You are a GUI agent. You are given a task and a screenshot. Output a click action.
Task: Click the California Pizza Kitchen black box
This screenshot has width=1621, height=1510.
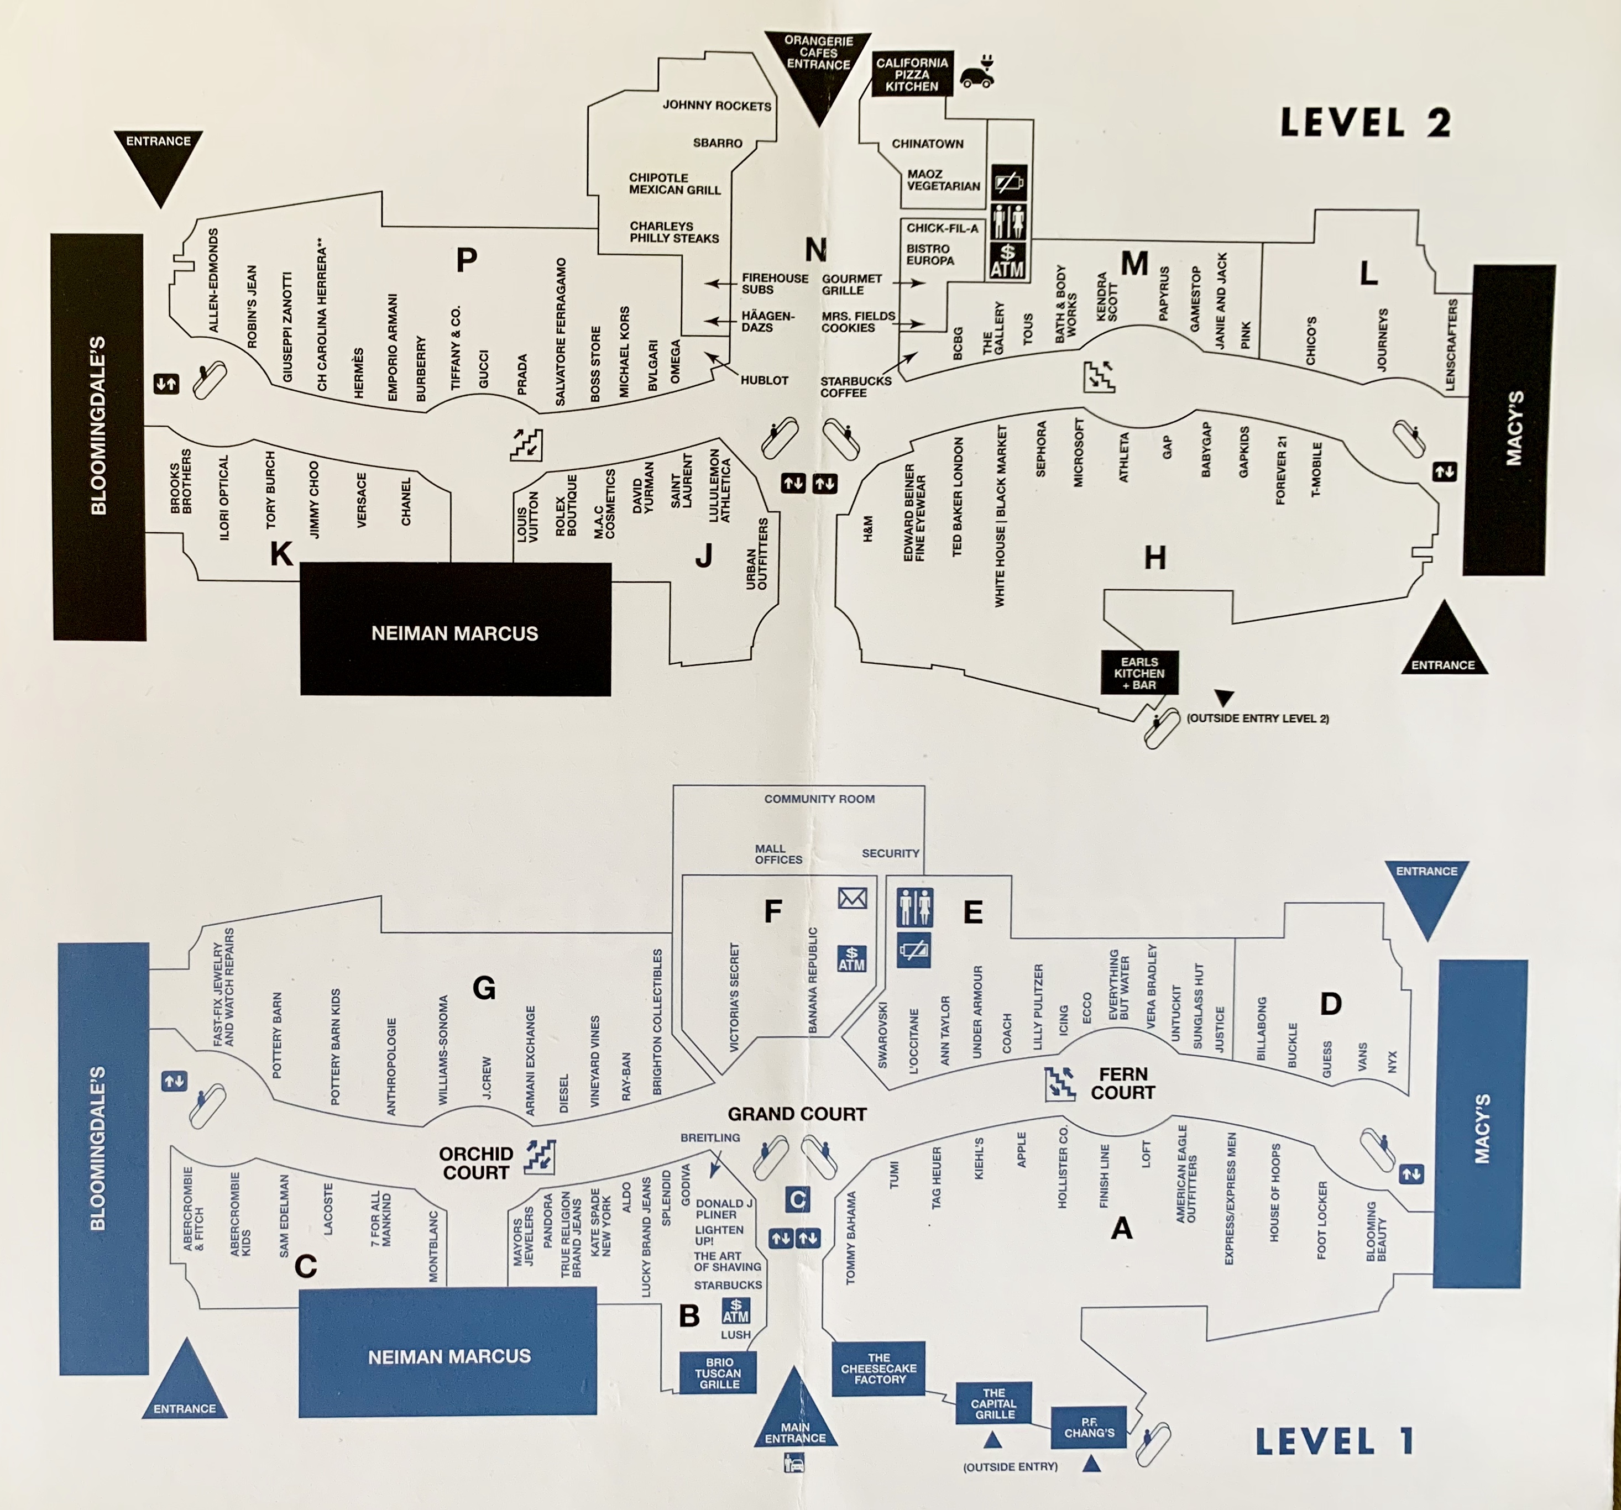point(912,74)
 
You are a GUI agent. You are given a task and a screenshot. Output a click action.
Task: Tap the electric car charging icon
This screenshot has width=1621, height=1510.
point(977,72)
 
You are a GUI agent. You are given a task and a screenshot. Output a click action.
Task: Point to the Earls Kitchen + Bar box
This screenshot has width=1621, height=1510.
point(1139,673)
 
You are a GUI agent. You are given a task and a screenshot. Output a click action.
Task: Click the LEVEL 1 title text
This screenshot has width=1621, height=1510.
point(1334,1441)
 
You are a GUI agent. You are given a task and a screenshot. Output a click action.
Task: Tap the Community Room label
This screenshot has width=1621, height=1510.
point(819,799)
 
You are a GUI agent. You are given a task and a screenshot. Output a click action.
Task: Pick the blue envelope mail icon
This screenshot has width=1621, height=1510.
point(852,899)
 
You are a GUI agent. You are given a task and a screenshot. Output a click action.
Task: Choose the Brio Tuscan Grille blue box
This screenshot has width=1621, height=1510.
point(718,1373)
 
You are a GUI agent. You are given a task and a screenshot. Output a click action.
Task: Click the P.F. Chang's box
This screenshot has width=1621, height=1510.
point(1089,1428)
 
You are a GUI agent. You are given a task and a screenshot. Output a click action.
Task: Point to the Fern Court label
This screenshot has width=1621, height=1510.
point(1123,1083)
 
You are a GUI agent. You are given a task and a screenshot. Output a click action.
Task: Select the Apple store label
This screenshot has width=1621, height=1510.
point(1021,1150)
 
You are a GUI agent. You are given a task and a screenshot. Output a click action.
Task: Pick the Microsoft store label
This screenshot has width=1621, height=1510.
point(1079,453)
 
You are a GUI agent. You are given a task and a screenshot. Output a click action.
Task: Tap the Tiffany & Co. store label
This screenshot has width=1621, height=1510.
point(456,348)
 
